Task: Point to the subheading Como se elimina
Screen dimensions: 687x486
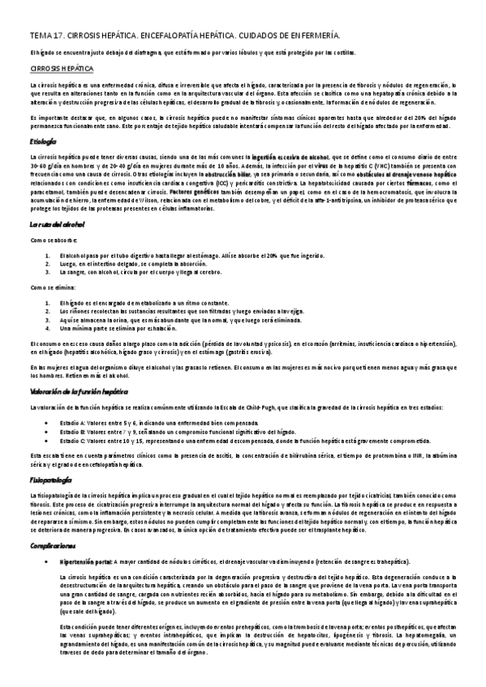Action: click(51, 288)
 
